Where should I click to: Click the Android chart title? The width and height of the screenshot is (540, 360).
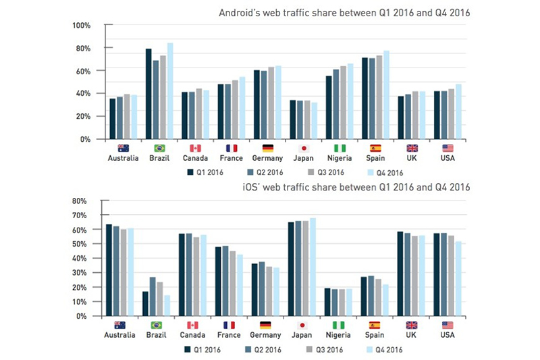(344, 11)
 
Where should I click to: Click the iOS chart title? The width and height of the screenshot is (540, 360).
(356, 186)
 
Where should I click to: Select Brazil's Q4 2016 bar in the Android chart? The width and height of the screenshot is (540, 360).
(170, 91)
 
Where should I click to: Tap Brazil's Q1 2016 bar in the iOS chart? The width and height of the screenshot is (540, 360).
(146, 303)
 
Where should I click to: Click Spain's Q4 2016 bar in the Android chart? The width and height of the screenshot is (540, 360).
(387, 95)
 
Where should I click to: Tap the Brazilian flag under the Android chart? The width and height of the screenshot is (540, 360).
(159, 148)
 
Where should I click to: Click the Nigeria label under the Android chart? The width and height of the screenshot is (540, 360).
(340, 158)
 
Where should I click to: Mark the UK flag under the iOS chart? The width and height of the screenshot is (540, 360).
(412, 325)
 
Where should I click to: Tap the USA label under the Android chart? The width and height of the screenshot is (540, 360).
(448, 158)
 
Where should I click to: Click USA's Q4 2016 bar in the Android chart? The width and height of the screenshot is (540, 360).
(459, 111)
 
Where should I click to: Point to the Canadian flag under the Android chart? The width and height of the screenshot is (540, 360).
(196, 148)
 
